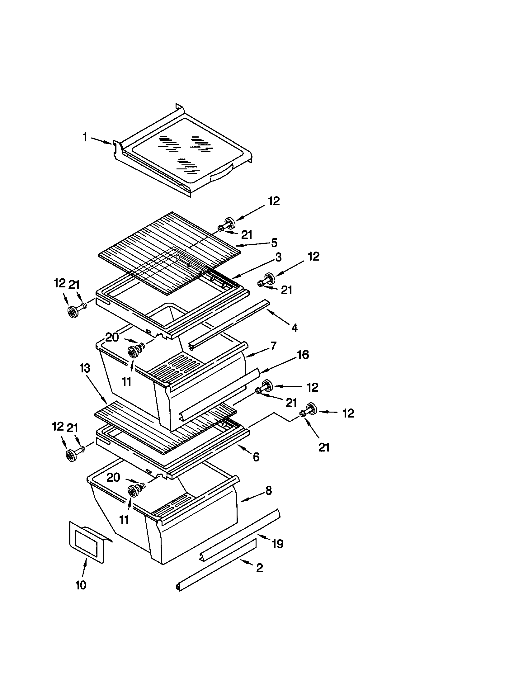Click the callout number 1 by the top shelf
click(x=85, y=137)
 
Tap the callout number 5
click(x=274, y=243)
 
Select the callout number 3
click(x=278, y=257)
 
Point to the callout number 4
click(x=294, y=328)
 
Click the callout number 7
click(x=273, y=346)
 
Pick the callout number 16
click(x=303, y=355)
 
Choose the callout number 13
click(x=85, y=368)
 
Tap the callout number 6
click(x=256, y=457)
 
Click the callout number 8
click(x=268, y=491)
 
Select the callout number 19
click(x=277, y=544)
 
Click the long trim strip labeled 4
click(x=229, y=325)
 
